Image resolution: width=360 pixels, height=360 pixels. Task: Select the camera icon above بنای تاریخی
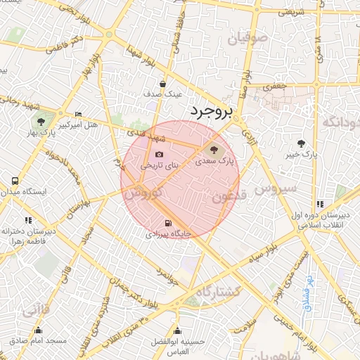point(159,154)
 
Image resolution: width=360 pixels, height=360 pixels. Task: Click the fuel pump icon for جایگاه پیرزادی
point(167,224)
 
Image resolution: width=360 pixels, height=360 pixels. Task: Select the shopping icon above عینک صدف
point(162,82)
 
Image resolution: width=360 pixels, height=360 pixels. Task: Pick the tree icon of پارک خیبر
point(301,143)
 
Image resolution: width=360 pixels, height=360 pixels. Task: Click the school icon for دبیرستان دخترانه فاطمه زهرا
point(28,219)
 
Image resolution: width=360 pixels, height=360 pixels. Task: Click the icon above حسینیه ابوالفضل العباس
point(178,330)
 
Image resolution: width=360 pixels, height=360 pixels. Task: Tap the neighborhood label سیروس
point(275,190)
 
